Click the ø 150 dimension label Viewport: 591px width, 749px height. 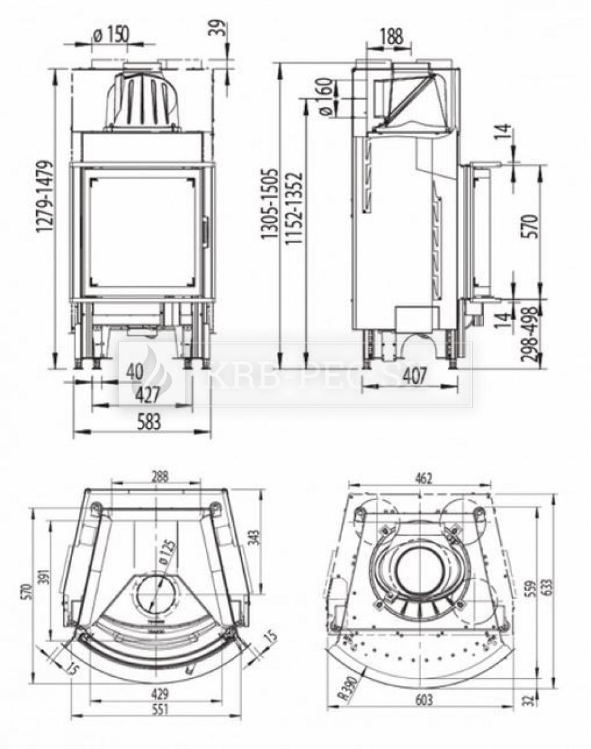pyautogui.click(x=110, y=34)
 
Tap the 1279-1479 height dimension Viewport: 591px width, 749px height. pyautogui.click(x=44, y=197)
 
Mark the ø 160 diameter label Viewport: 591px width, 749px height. pyautogui.click(x=325, y=97)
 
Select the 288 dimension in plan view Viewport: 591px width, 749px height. pyautogui.click(x=160, y=477)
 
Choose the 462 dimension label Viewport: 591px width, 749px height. pyautogui.click(x=423, y=478)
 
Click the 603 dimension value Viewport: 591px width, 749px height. pyautogui.click(x=423, y=700)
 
